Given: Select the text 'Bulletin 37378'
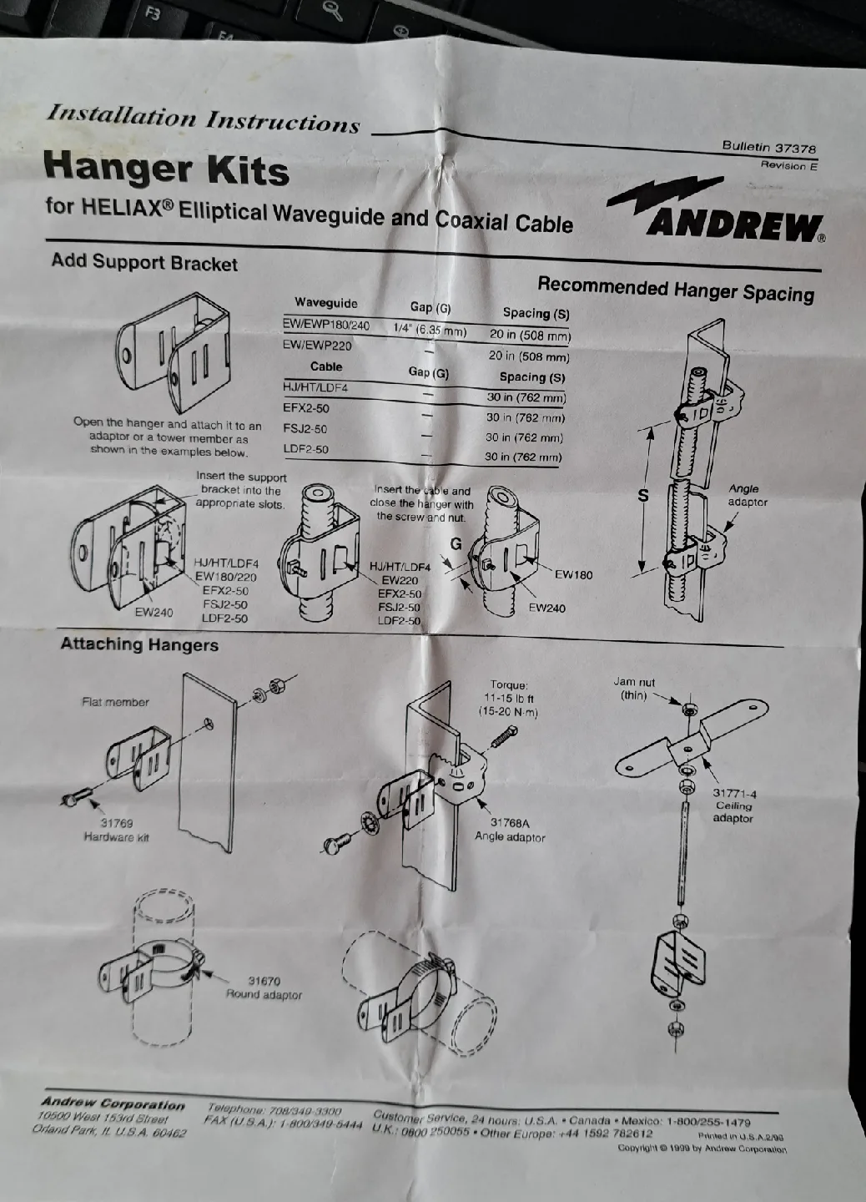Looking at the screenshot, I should click(x=768, y=147).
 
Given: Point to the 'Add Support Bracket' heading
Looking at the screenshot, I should click(x=144, y=262).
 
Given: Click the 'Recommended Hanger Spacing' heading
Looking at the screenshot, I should click(x=675, y=289).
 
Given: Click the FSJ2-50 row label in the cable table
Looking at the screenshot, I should click(x=305, y=429).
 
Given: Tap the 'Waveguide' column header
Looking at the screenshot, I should click(x=325, y=303).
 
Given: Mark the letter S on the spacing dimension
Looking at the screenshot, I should click(x=642, y=495).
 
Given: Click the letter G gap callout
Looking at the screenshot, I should click(x=456, y=544).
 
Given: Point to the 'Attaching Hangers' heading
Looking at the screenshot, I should click(x=139, y=644).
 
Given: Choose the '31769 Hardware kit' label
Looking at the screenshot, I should click(x=116, y=831).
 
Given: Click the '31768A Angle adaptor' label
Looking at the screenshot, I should click(x=510, y=830).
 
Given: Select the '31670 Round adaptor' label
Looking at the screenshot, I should click(x=264, y=988).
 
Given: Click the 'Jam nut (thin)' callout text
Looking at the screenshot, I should click(x=634, y=689).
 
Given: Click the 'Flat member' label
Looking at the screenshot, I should click(x=115, y=702).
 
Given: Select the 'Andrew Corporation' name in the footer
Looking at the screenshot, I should click(x=113, y=1104).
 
